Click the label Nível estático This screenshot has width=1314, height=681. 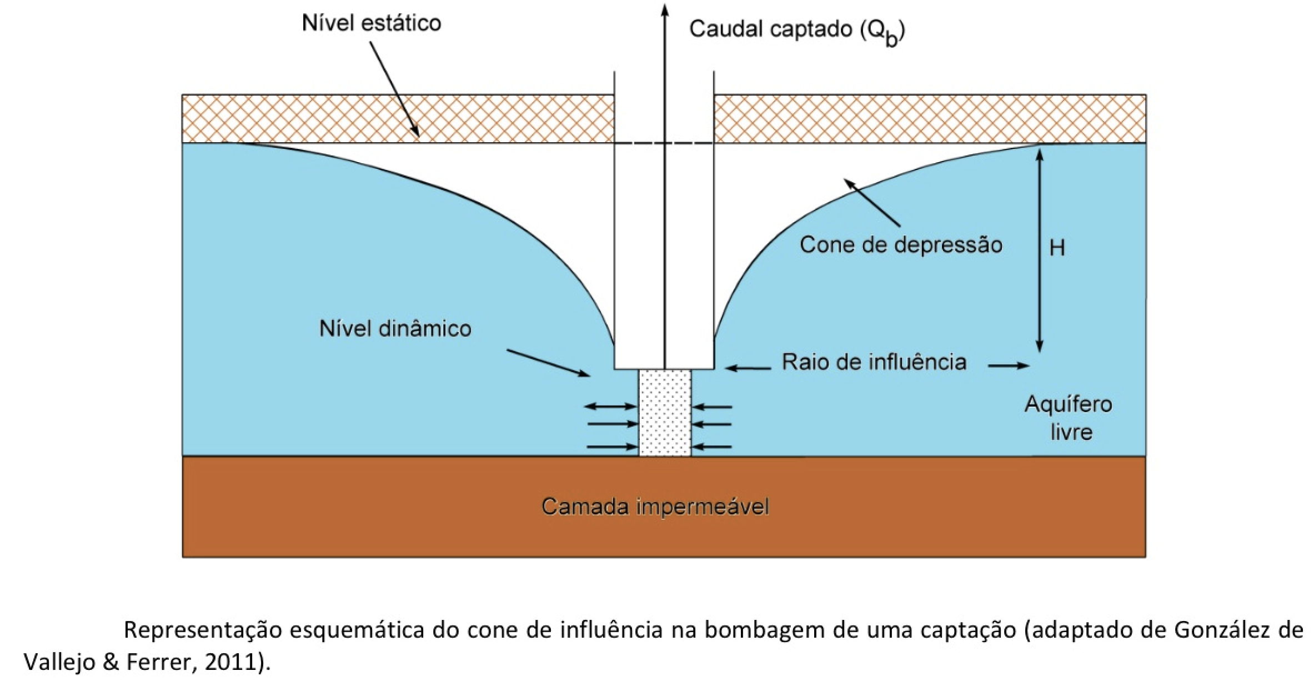(371, 23)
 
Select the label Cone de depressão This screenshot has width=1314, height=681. (901, 245)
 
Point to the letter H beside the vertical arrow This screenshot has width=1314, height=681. (1057, 248)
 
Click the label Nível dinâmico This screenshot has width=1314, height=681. (395, 329)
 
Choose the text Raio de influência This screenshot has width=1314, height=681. (874, 362)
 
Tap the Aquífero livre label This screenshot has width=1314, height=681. (1069, 418)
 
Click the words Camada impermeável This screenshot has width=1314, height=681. (655, 507)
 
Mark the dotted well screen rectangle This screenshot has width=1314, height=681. (665, 413)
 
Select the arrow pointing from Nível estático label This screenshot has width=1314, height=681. (395, 89)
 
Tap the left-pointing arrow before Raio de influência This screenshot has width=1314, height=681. (748, 368)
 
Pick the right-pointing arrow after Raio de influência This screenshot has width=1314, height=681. (1009, 365)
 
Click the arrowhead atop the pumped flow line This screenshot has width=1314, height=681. (664, 8)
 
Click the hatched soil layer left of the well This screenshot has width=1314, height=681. (397, 119)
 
